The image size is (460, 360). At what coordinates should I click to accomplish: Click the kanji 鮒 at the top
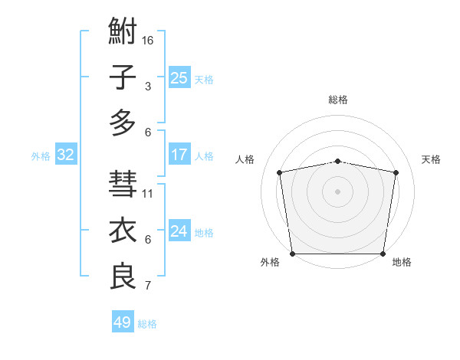(x=123, y=33)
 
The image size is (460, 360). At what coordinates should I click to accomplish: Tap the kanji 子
(x=123, y=78)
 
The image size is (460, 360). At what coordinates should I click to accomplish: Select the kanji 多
(x=123, y=123)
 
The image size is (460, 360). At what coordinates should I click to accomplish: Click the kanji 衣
(x=123, y=231)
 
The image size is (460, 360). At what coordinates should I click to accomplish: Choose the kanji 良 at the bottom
(x=123, y=276)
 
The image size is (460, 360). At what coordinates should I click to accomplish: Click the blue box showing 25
(x=179, y=78)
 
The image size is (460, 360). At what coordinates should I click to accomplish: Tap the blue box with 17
(x=179, y=155)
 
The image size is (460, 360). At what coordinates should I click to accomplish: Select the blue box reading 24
(x=179, y=231)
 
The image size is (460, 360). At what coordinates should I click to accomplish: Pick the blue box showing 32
(x=66, y=155)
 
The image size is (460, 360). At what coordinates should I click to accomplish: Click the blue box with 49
(x=123, y=322)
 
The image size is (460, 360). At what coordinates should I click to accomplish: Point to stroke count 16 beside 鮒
(x=148, y=40)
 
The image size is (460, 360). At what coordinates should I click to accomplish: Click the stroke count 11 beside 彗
(x=148, y=193)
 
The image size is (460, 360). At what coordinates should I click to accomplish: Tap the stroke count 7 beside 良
(x=148, y=286)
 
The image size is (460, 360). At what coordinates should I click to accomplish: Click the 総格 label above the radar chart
(x=338, y=100)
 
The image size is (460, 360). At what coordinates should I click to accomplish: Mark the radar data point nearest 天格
(x=396, y=172)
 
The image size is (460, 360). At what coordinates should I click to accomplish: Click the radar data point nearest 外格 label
(x=293, y=254)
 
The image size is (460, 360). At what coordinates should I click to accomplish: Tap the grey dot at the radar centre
(x=338, y=191)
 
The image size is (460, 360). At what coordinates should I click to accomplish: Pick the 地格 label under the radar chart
(x=402, y=263)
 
